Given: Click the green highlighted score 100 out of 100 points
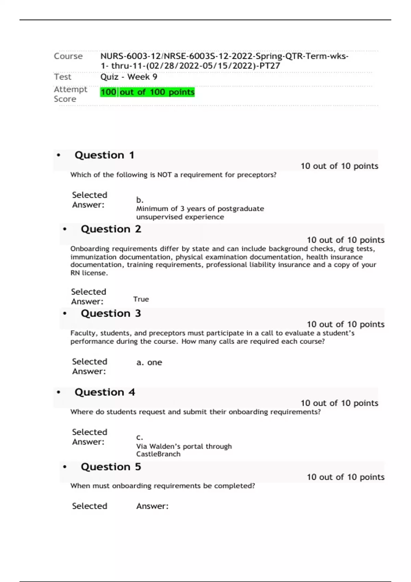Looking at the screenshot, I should coord(147,92).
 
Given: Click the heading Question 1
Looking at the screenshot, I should coord(104,155).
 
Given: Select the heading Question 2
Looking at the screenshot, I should coord(111,229).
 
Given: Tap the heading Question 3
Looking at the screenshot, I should coord(111,313).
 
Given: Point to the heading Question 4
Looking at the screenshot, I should coord(105,392).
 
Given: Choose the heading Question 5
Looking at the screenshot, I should coord(111,467).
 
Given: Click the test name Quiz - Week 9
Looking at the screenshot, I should coord(129,77).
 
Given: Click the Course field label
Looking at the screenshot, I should coord(68,56).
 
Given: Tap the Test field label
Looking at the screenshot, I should coord(62,77).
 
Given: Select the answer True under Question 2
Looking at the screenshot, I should coord(141,299).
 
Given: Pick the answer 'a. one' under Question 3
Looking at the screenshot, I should coord(149,363).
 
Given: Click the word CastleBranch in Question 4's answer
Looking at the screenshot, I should coord(158,454).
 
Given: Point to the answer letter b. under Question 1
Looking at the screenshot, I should coord(140,200).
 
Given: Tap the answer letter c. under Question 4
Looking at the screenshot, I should coord(139,438).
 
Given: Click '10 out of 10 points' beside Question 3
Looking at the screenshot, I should coord(345,324).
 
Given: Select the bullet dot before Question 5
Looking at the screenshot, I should coord(65,467).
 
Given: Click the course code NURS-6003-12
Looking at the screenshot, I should coord(130,56).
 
